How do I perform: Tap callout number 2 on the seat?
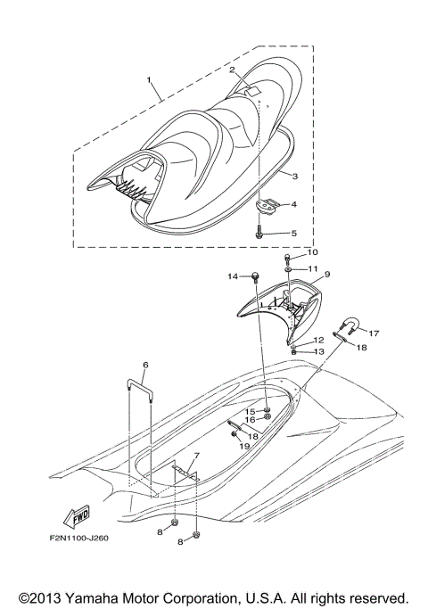click(232, 70)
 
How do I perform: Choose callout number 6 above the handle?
click(145, 365)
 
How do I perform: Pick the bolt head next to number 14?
click(255, 276)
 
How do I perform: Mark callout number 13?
click(318, 352)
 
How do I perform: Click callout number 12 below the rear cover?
click(318, 341)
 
